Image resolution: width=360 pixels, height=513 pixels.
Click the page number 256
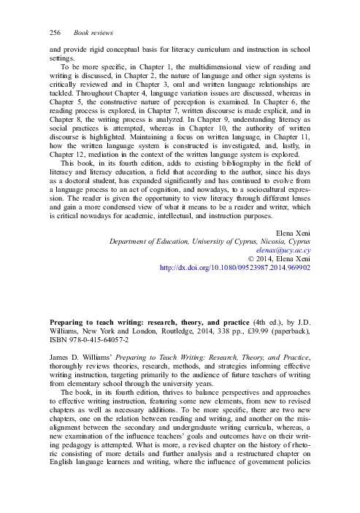pyautogui.click(x=55, y=35)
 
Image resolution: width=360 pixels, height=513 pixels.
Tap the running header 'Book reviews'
pyautogui.click(x=93, y=35)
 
